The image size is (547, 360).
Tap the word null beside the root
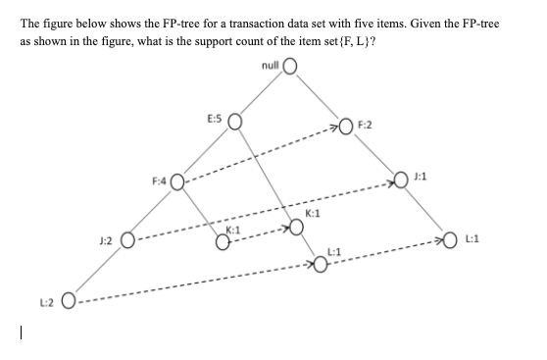click(271, 65)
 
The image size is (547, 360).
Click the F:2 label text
click(366, 125)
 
